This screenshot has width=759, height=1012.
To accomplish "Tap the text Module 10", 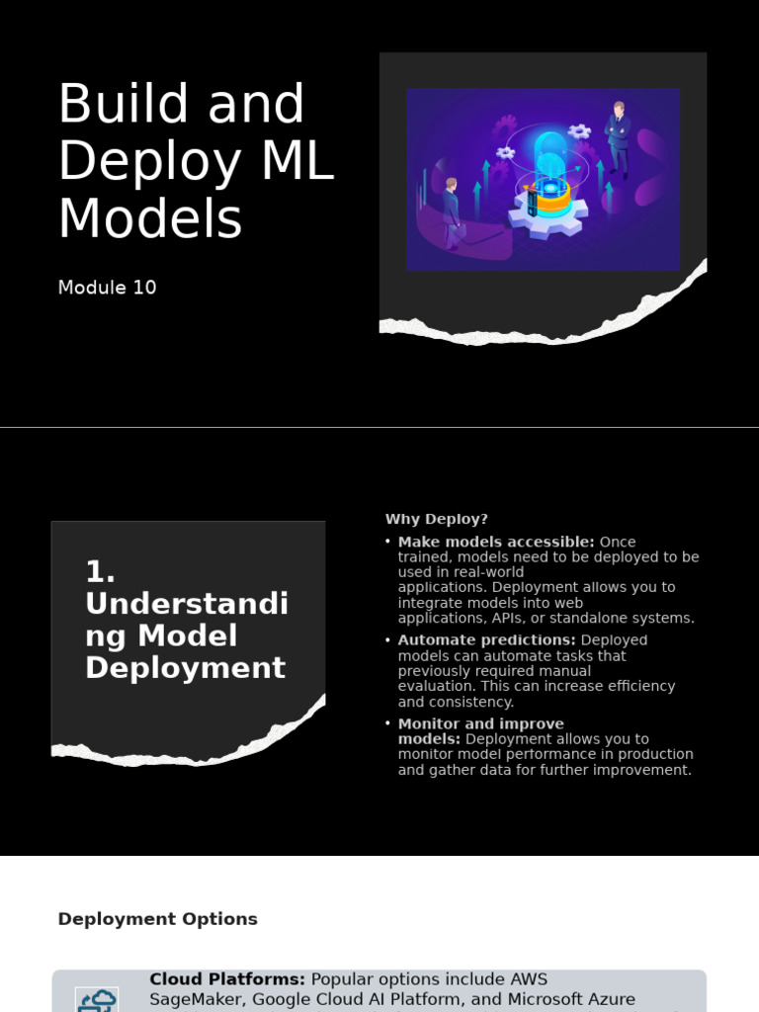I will click(x=107, y=288).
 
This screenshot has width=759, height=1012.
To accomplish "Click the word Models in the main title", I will click(x=149, y=218).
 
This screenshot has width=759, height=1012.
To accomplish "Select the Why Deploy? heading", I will click(x=436, y=519).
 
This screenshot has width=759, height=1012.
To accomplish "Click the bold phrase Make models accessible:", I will click(x=496, y=542).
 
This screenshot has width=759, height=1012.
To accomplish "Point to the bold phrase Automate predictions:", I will click(x=486, y=640).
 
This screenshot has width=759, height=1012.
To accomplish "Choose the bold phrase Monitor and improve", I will click(x=481, y=723).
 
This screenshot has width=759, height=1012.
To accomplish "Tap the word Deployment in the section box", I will click(x=185, y=668).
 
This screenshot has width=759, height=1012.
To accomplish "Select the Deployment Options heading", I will click(x=157, y=919).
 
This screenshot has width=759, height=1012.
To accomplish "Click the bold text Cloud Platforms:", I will click(x=227, y=979).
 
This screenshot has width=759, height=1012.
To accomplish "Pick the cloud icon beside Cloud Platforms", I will click(x=97, y=1000).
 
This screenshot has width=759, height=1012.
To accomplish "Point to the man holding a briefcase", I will click(x=452, y=211).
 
